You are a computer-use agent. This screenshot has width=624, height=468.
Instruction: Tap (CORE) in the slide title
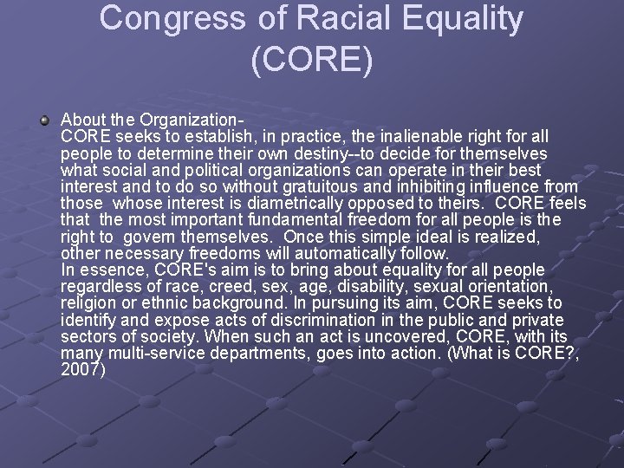(311, 59)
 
